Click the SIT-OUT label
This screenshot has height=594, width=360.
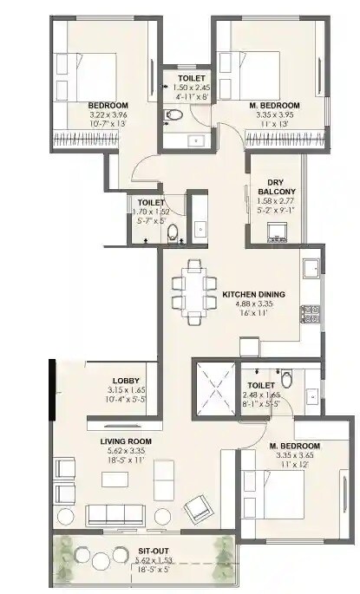(x=140, y=549)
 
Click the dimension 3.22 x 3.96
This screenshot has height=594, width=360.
(x=108, y=115)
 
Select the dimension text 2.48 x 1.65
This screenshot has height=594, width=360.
(x=262, y=395)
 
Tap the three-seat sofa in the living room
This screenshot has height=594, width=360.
(x=115, y=512)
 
